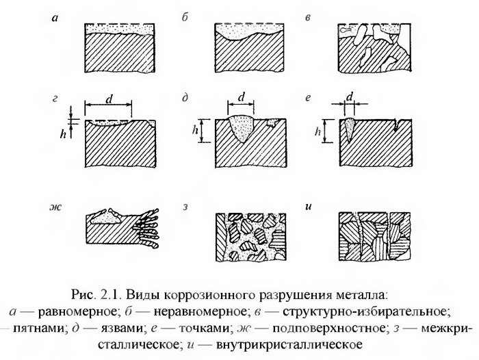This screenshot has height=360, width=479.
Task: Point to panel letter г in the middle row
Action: pyautogui.click(x=54, y=100)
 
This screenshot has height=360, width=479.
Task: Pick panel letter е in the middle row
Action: pyautogui.click(x=309, y=100)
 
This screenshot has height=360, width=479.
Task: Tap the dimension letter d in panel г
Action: pyautogui.click(x=109, y=100)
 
